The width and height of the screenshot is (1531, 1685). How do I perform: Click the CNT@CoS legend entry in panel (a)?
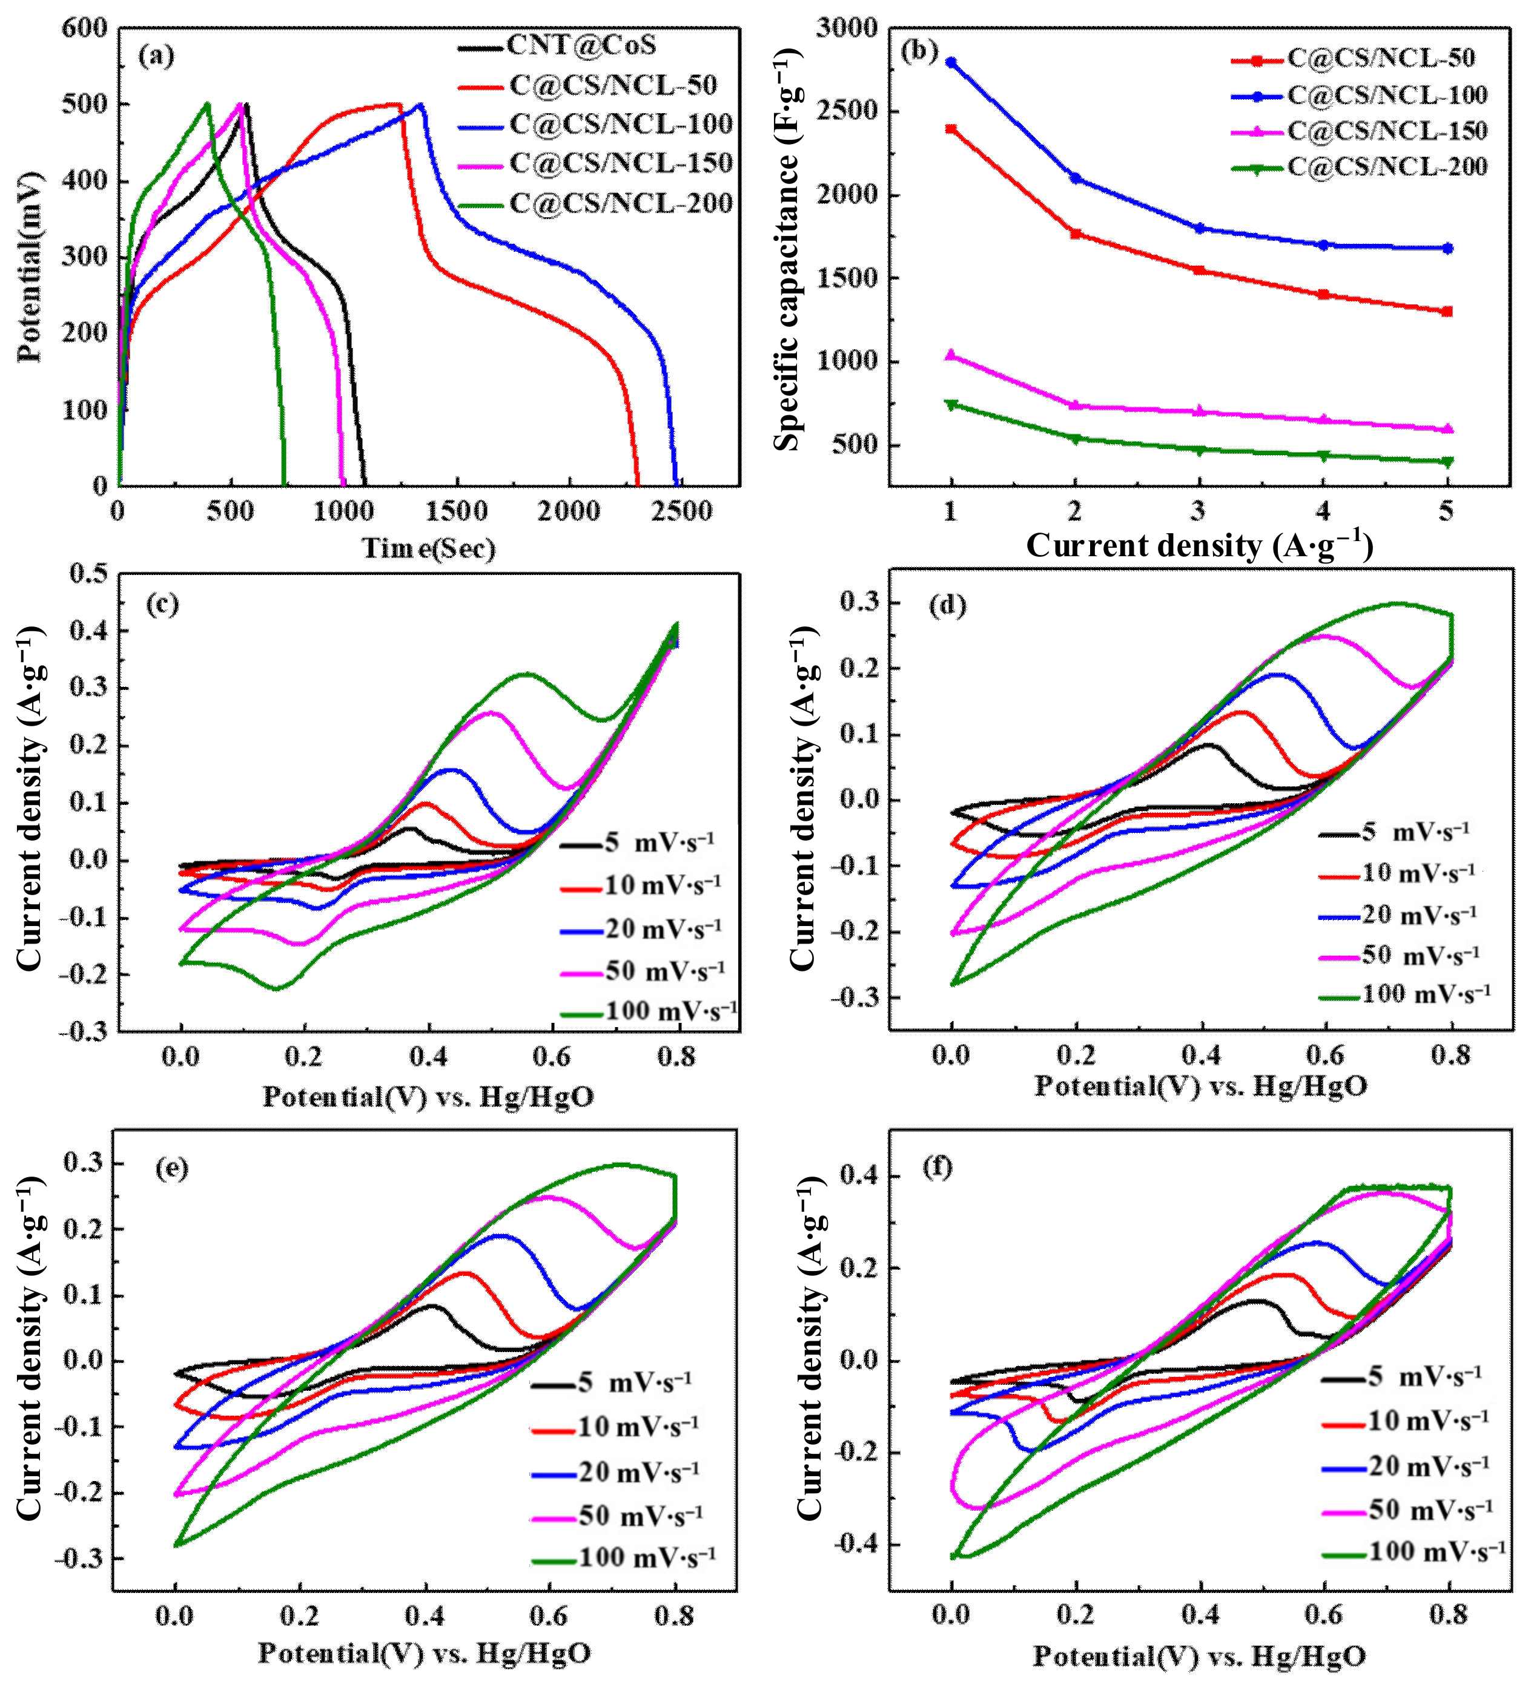(581, 45)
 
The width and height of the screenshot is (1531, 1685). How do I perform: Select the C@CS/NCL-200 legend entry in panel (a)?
(620, 203)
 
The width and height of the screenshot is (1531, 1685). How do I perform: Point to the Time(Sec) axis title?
(428, 548)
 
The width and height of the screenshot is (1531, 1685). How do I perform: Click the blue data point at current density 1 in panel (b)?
(951, 62)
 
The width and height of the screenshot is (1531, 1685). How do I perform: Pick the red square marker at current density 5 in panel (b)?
(1447, 312)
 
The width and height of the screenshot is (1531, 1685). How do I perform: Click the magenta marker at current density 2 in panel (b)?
(1076, 406)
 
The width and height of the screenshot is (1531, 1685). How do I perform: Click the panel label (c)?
(162, 603)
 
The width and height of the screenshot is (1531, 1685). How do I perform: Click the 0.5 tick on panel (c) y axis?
(90, 574)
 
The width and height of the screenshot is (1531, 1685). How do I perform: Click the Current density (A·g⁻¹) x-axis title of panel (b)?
(1200, 546)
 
